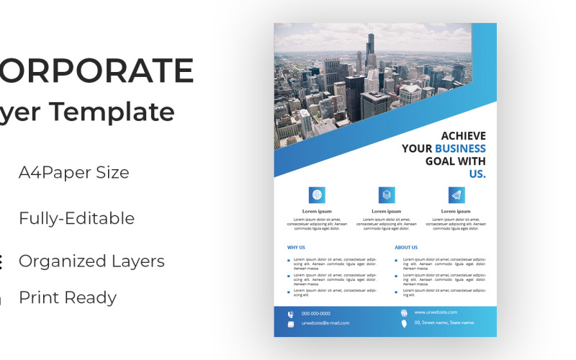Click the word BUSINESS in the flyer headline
pos(460,148)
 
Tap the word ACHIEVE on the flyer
pos(463,135)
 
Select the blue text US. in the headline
pos(477,174)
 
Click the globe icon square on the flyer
pos(317,194)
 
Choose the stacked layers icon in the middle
pos(387,194)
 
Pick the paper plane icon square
pos(456,194)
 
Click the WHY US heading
pos(296,247)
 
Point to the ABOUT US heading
pos(405,247)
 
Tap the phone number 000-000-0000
pos(316,313)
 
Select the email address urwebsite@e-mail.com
pos(325,323)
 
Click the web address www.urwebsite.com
pos(436,312)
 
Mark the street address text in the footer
pos(444,323)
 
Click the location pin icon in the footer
pos(404,323)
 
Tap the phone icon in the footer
pos(291,314)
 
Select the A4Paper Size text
pos(74,173)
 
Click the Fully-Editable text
pos(76,218)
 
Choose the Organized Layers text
pos(91,261)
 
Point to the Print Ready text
pos(68,297)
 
